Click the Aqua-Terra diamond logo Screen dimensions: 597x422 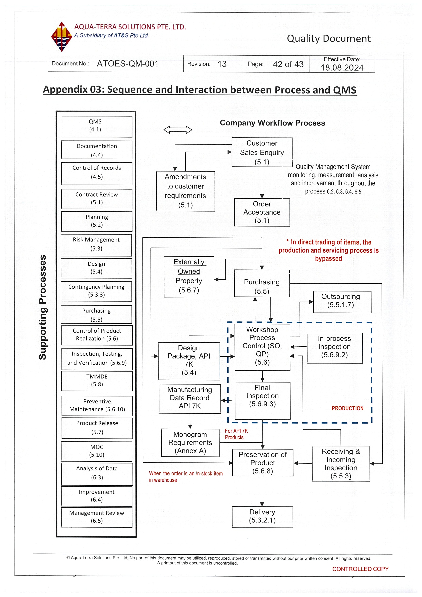click(61, 37)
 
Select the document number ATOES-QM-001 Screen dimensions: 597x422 click(127, 64)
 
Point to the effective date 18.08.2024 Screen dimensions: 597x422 click(342, 68)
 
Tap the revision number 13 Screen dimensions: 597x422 click(222, 64)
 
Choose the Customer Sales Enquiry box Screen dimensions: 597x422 click(262, 152)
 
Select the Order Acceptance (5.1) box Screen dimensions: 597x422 click(262, 212)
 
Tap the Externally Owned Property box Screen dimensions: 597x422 click(189, 277)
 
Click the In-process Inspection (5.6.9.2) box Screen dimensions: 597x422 click(334, 348)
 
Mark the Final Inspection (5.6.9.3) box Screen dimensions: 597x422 click(263, 400)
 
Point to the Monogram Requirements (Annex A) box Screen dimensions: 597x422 click(190, 443)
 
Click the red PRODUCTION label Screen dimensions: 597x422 click(347, 408)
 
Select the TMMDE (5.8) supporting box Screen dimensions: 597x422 click(97, 381)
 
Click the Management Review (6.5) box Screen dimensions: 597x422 click(97, 517)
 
